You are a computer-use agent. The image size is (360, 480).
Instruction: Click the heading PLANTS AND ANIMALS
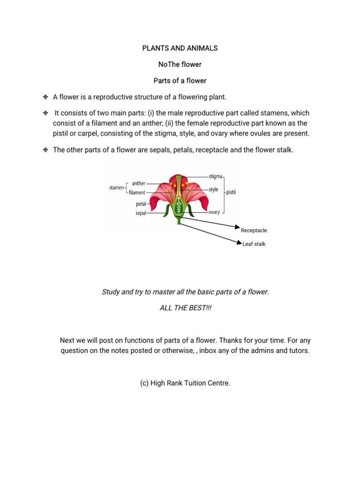click(x=180, y=48)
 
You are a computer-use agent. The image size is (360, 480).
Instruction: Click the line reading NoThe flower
click(x=180, y=64)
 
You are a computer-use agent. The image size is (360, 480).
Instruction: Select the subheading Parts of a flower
click(x=180, y=81)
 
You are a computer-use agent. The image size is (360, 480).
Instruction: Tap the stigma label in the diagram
click(x=215, y=177)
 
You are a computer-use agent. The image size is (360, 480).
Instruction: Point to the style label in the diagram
click(x=213, y=189)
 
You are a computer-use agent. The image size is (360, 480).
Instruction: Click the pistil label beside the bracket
click(x=231, y=192)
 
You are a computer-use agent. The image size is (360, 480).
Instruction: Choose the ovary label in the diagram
click(x=214, y=212)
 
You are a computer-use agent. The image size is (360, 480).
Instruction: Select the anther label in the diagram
click(x=139, y=183)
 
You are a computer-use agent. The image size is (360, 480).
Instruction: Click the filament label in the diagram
click(x=137, y=193)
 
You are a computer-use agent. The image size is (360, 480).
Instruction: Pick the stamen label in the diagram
click(x=116, y=187)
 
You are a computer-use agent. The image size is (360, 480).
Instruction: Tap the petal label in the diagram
click(x=141, y=204)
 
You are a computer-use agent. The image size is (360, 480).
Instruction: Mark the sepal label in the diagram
click(x=141, y=213)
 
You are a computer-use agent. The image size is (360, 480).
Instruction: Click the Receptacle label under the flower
click(x=254, y=231)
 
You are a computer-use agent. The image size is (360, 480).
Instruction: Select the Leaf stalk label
click(x=254, y=244)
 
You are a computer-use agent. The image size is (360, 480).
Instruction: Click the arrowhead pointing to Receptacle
click(x=237, y=227)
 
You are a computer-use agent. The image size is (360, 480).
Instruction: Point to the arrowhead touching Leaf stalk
click(x=240, y=242)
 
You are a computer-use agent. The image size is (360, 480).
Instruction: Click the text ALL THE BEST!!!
click(x=185, y=308)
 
